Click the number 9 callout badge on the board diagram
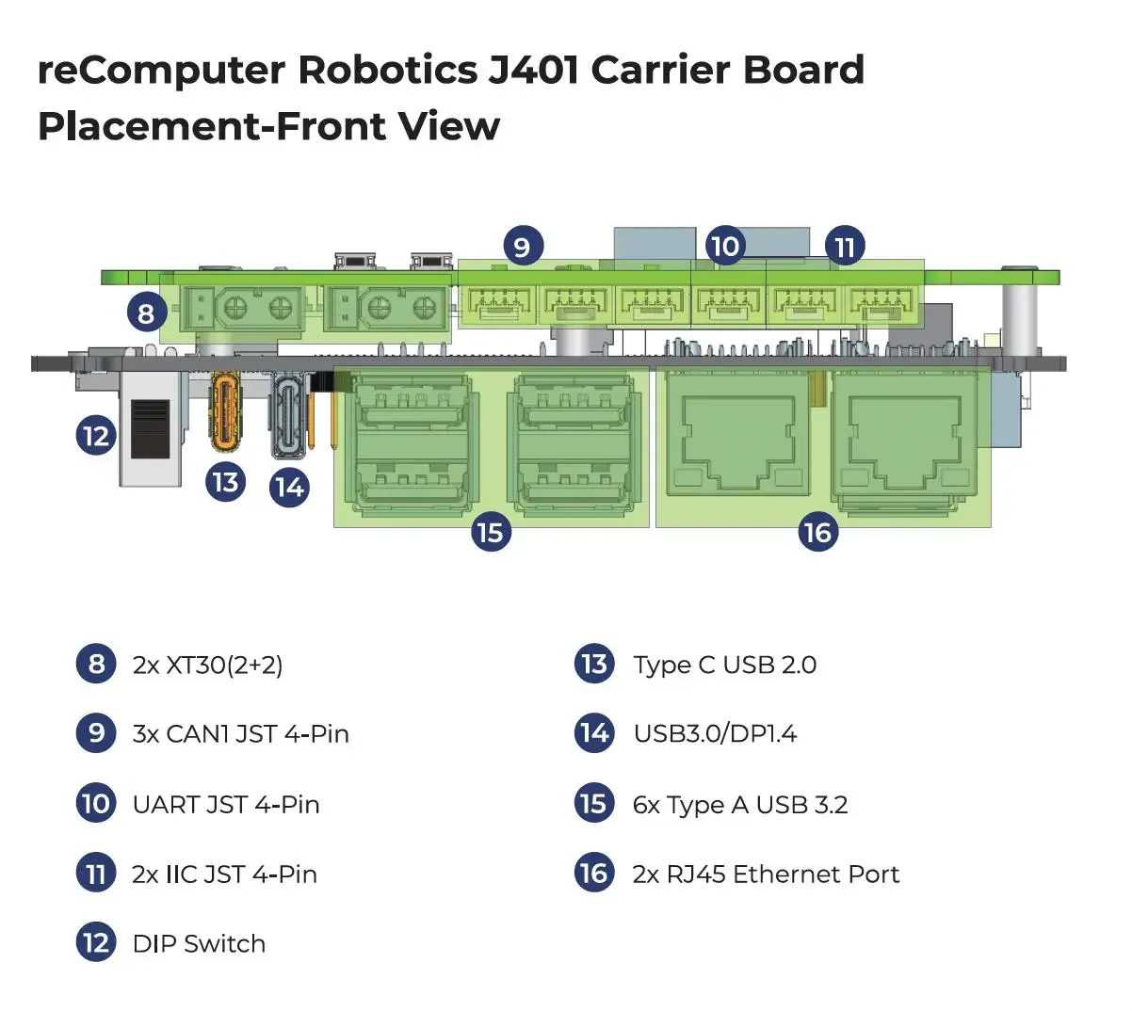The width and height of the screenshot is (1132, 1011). pos(522,247)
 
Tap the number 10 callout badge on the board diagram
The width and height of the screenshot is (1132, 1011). pos(724,247)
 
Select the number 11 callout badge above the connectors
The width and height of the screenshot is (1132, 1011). pos(845,247)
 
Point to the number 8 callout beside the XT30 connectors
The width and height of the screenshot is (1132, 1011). pos(146,312)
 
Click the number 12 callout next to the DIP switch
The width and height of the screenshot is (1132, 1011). pos(95,436)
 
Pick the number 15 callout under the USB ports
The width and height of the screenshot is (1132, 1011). pos(490,533)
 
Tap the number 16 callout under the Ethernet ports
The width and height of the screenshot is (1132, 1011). pos(817,533)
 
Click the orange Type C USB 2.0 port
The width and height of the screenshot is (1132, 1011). pos(226,410)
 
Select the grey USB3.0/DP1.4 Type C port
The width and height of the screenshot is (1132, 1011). pos(289,415)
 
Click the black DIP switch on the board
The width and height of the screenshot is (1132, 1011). pos(151,428)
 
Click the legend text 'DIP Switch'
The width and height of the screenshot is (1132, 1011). pos(199,943)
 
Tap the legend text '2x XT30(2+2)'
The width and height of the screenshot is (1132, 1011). pos(207,665)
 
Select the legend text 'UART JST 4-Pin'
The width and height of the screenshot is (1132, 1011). pos(226,805)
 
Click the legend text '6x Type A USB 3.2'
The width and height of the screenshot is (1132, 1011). pos(740,805)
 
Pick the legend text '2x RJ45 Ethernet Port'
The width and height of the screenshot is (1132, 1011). pos(766,875)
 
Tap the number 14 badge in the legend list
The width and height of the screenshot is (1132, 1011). pos(594,733)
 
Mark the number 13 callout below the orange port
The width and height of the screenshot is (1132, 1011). pos(225,482)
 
